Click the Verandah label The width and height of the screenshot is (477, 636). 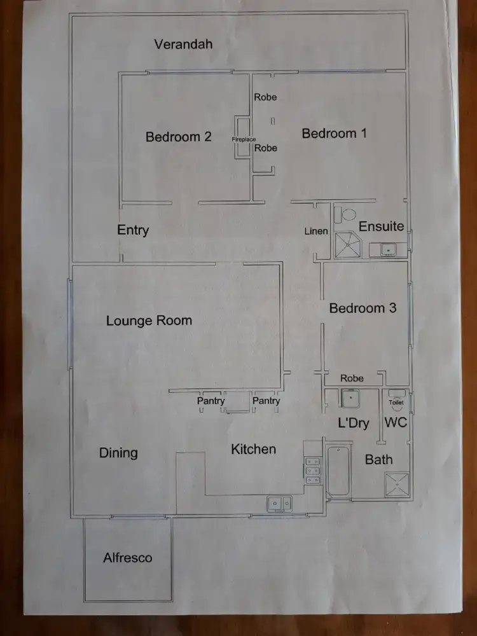tap(183, 45)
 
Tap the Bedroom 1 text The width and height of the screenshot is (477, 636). tap(334, 134)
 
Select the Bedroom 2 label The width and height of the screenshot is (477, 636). tap(178, 137)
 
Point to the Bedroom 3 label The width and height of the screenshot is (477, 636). tap(363, 308)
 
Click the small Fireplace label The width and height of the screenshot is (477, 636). tap(244, 139)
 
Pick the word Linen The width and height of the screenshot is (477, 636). tap(316, 231)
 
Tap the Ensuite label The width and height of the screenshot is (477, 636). tap(381, 226)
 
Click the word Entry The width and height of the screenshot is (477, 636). tap(133, 230)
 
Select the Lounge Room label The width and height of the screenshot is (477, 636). tap(149, 321)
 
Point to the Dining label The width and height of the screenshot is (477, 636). tap(118, 453)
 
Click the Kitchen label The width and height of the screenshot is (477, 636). tap(253, 449)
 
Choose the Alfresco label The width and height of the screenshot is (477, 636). tap(128, 558)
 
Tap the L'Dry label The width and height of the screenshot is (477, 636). tap(353, 424)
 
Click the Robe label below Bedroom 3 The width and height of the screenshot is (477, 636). tap(352, 378)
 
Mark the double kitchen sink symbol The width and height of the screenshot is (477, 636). tap(279, 504)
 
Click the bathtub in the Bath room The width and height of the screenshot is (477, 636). tap(337, 472)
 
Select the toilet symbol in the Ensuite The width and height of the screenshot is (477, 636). tap(346, 215)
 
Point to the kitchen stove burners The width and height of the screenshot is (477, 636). tap(312, 471)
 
